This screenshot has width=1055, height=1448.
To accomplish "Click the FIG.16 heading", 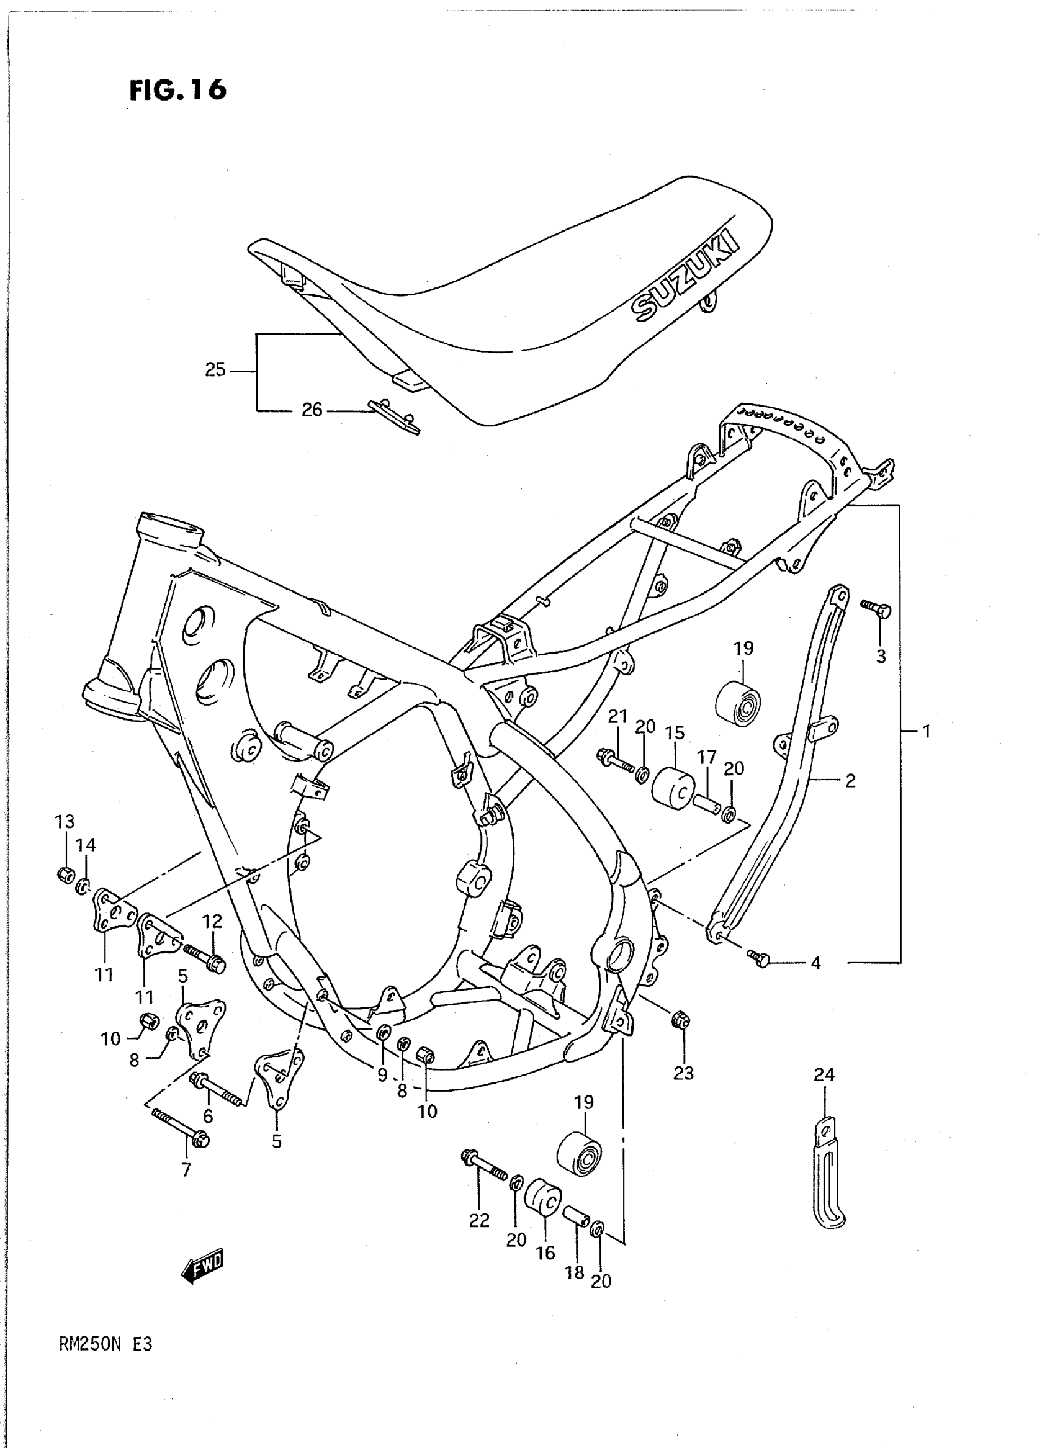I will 177,90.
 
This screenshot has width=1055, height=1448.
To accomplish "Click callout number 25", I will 215,370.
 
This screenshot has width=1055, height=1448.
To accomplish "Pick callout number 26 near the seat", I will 312,410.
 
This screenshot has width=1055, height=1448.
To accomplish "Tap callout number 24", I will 824,1075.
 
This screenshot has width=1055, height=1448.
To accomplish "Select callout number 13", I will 65,821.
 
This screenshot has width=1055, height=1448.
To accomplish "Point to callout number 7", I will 186,1169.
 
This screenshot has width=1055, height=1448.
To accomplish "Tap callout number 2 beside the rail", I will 850,781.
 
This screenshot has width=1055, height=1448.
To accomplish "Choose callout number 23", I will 683,1073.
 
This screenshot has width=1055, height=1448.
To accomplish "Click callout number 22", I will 479,1221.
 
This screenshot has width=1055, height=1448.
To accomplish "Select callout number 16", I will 545,1253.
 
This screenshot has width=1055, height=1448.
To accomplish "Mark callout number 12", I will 213,921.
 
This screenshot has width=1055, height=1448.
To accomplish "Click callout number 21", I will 617,717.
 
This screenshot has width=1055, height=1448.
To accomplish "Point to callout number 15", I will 675,732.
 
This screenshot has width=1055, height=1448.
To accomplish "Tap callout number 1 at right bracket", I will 926,731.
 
